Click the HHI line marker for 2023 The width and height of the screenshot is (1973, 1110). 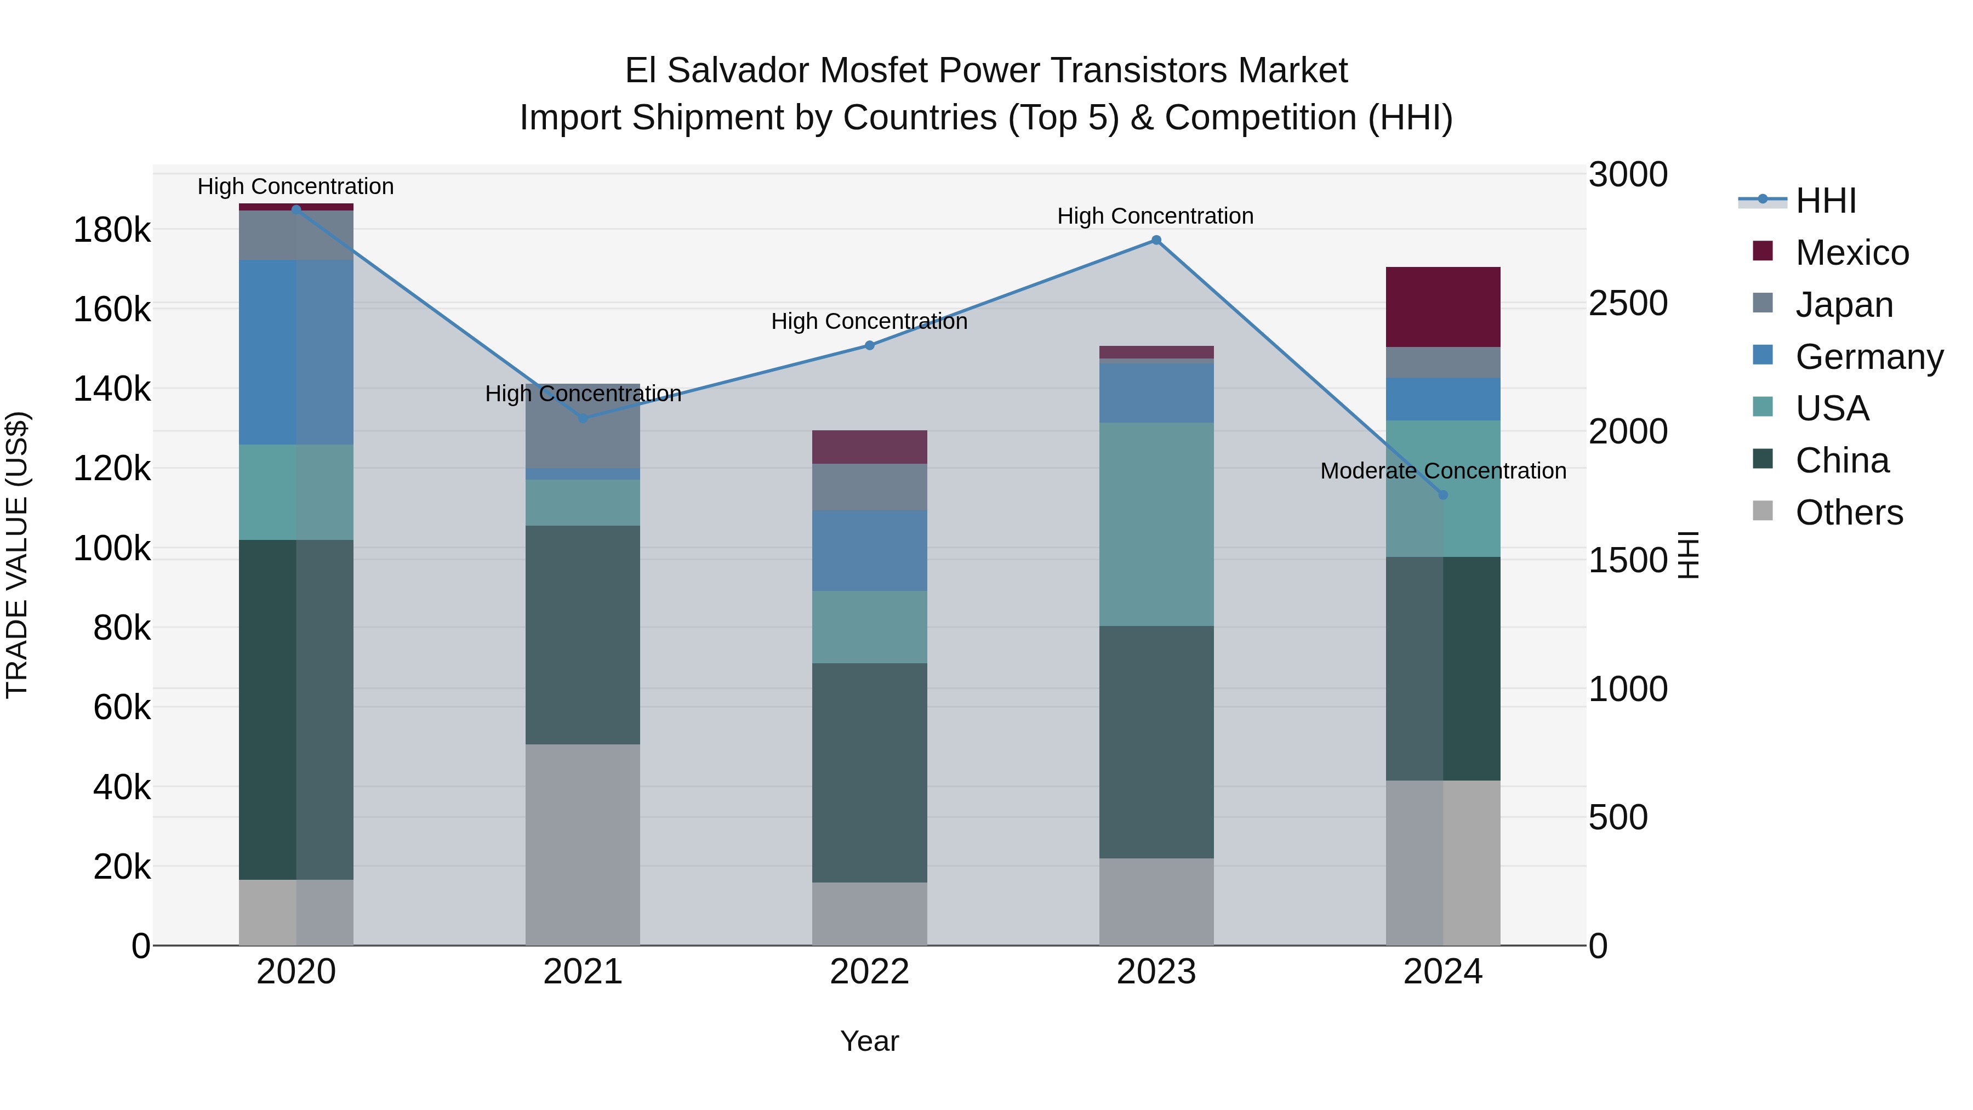(x=1156, y=240)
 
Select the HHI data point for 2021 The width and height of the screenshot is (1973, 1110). (x=583, y=418)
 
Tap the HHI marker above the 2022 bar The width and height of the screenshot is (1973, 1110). (x=869, y=345)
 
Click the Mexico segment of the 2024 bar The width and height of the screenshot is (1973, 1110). (x=1443, y=307)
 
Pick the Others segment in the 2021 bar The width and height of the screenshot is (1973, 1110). (x=583, y=844)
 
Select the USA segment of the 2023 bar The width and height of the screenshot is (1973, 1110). (x=1156, y=524)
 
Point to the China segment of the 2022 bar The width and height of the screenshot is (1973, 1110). (x=869, y=772)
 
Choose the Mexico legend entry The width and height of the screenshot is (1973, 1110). (x=1851, y=253)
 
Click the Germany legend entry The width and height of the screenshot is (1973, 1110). (x=1868, y=357)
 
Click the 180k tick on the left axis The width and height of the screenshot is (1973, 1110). (x=112, y=230)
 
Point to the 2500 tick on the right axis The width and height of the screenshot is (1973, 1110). (x=1628, y=303)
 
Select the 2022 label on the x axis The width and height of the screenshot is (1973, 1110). (x=869, y=972)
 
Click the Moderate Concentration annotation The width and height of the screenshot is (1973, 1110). (x=1443, y=471)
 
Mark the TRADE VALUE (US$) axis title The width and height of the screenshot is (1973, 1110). (x=17, y=555)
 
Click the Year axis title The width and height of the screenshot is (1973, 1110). (x=869, y=1041)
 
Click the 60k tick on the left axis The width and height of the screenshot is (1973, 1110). (x=122, y=707)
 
